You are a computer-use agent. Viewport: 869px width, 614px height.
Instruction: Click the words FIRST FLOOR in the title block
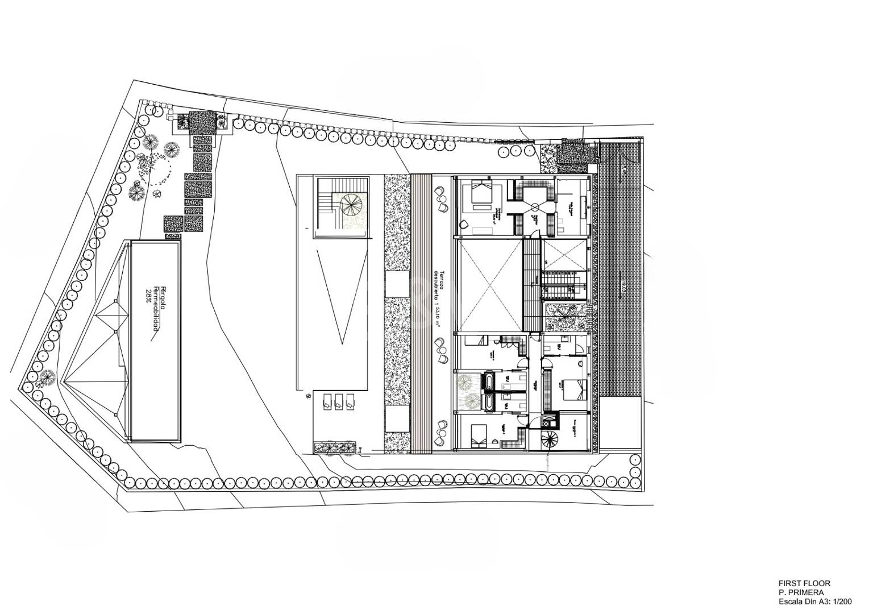[x=804, y=583]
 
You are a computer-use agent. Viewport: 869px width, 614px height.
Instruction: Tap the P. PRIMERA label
[x=798, y=592]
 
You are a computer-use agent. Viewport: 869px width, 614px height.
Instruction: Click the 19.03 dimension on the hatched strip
[x=623, y=284]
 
